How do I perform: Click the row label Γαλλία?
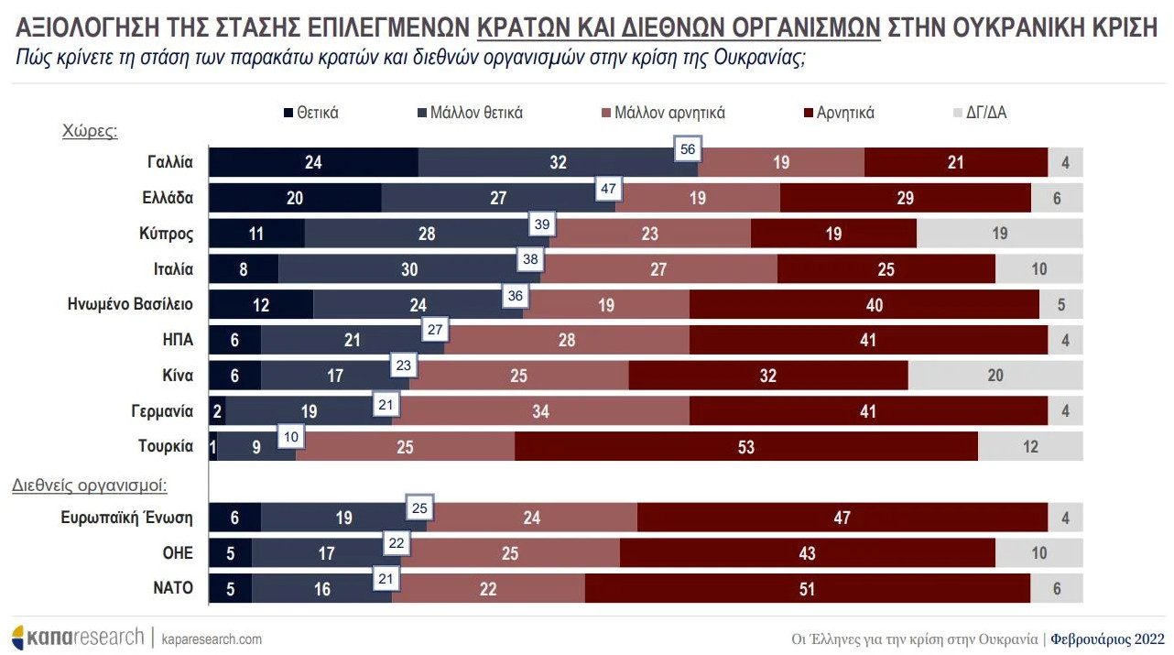(170, 162)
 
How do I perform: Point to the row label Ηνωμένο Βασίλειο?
(131, 304)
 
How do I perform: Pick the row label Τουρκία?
(166, 446)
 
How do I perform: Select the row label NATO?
(172, 588)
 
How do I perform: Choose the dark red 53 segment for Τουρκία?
(745, 447)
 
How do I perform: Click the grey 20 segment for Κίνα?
(995, 376)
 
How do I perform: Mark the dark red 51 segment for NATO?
(807, 589)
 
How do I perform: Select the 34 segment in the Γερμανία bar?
(540, 411)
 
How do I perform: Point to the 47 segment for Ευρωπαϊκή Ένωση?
(842, 518)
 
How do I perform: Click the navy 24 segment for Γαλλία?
(313, 163)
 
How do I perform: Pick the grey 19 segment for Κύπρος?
(999, 234)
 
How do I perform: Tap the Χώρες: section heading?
(90, 131)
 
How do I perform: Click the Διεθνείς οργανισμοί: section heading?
(95, 486)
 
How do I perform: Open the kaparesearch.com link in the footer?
(212, 639)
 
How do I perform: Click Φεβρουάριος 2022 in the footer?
(1107, 639)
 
